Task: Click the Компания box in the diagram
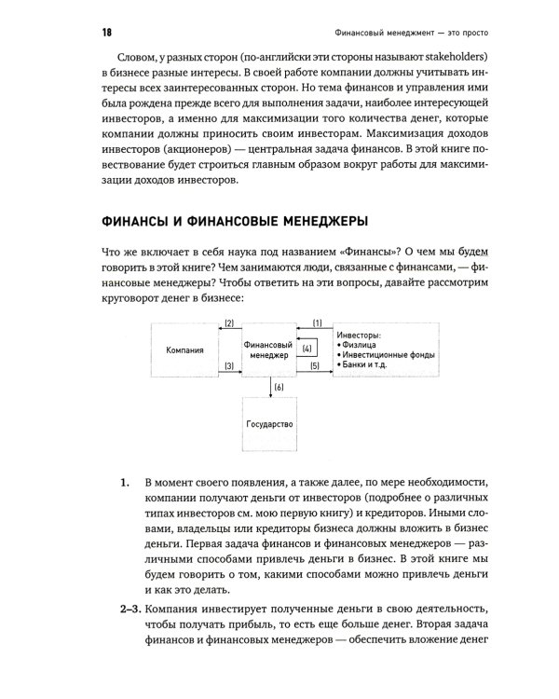(185, 351)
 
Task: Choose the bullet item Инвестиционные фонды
(389, 357)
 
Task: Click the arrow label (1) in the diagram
(317, 322)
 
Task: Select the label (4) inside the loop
(307, 349)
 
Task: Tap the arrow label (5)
(314, 367)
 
